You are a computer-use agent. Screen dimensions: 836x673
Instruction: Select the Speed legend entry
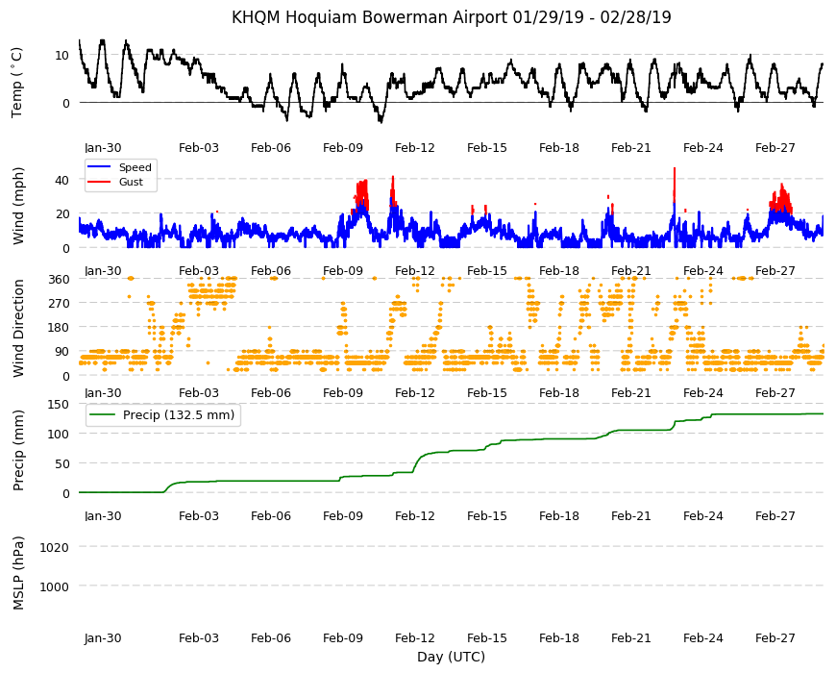point(135,167)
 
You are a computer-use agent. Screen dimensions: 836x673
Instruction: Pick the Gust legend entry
point(131,182)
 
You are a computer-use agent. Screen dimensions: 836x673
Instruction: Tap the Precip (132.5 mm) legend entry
point(179,415)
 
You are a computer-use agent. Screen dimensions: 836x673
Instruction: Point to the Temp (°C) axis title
point(17,83)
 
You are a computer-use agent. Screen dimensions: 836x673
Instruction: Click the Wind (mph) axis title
point(18,206)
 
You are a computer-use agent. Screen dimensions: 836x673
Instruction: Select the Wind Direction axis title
point(18,329)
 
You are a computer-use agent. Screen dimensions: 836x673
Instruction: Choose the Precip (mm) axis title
point(18,451)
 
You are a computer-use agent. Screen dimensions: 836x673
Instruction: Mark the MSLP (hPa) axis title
point(18,573)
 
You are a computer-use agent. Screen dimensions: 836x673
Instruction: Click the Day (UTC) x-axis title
point(451,657)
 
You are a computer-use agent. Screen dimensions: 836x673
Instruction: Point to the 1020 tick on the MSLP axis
point(55,548)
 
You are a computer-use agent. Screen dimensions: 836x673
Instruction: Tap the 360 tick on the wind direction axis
point(59,280)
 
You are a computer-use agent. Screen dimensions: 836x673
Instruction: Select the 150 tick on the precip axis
point(59,405)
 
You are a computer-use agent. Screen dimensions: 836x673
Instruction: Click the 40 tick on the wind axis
point(61,180)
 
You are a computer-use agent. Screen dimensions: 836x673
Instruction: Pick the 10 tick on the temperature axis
point(61,56)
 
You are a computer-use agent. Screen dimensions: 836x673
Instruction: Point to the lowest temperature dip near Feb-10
point(381,122)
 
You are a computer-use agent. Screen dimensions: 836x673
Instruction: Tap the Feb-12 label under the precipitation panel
point(415,516)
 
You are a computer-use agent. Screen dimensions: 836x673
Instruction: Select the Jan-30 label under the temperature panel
point(103,148)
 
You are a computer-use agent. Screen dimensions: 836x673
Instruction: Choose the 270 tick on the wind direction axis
point(59,304)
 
